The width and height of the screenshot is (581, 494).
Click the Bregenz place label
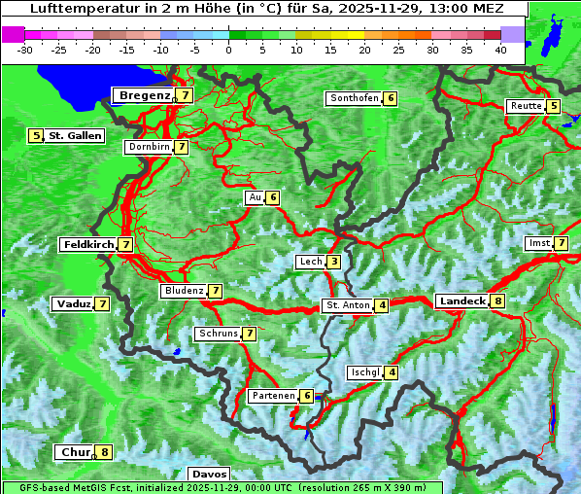[x=145, y=95]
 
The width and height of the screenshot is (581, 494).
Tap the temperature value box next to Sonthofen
[x=391, y=98]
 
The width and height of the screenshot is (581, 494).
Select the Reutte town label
[x=526, y=106]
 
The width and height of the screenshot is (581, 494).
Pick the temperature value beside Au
[x=273, y=198]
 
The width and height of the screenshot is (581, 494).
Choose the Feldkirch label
[x=87, y=245]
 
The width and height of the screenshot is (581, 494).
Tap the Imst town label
[x=537, y=243]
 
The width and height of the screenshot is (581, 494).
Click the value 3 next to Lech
[x=333, y=262]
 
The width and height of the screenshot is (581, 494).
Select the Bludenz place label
[x=184, y=291]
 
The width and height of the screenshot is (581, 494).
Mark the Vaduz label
[x=74, y=304]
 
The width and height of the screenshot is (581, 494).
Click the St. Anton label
[x=348, y=305]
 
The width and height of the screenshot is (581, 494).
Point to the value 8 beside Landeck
[x=497, y=301]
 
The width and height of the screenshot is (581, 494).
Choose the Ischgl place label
[x=365, y=372]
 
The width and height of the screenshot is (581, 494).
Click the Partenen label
[x=272, y=396]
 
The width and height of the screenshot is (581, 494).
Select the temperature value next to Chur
[x=104, y=452]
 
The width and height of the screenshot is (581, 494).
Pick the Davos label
[x=210, y=474]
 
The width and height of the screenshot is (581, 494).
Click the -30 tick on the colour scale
[x=25, y=50]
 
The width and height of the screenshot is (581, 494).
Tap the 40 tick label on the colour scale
[x=500, y=50]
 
